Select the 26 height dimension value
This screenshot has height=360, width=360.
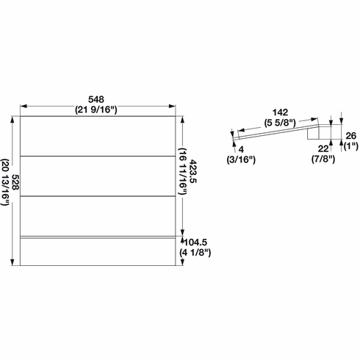(x=350, y=135)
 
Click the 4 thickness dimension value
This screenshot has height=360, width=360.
(x=240, y=149)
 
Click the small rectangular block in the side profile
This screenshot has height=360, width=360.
(x=318, y=132)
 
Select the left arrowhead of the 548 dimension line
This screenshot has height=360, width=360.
(x=23, y=104)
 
